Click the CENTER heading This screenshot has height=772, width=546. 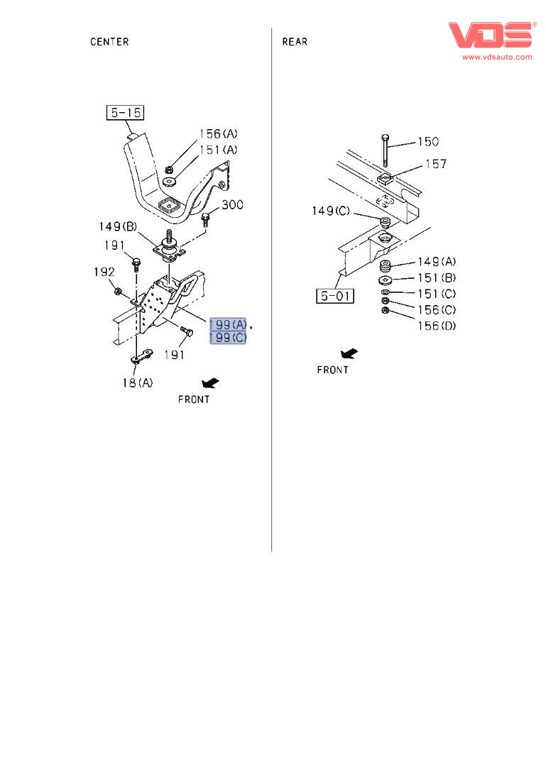tap(109, 42)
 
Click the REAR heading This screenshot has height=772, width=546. tap(295, 42)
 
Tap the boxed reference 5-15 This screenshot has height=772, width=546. tap(125, 112)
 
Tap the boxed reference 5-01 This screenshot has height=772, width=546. tap(334, 295)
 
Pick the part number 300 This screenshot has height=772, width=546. tap(232, 206)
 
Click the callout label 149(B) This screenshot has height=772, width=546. tap(119, 227)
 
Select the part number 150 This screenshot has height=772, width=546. tap(427, 142)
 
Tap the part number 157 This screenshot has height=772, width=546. tap(435, 165)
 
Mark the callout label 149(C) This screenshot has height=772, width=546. tap(332, 211)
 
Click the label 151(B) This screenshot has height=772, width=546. tap(436, 278)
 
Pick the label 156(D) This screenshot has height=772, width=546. tap(436, 326)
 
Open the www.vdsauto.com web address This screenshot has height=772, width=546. tap(497, 57)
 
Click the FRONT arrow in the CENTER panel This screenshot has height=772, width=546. tap(210, 384)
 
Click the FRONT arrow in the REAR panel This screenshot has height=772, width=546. tap(349, 353)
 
